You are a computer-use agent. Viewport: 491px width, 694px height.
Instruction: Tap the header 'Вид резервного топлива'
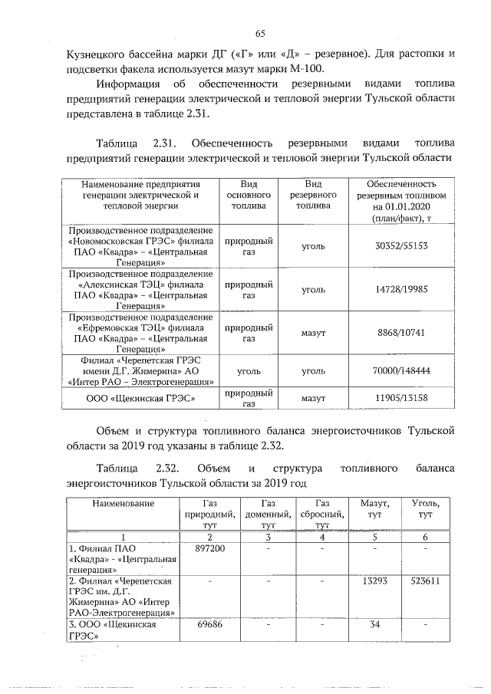click(x=313, y=196)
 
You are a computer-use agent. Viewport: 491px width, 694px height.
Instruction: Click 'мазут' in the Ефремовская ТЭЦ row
click(x=313, y=334)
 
